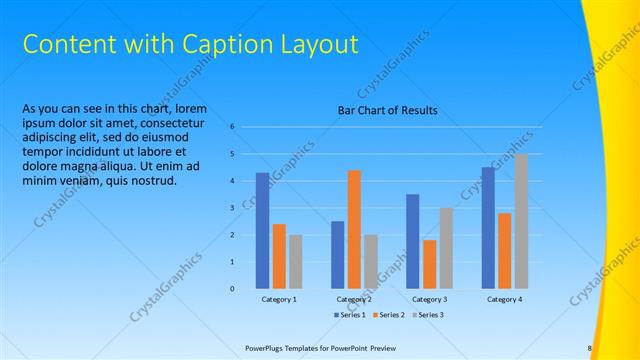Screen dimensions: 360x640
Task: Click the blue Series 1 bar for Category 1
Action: (262, 231)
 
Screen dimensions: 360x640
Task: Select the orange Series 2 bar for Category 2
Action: (354, 229)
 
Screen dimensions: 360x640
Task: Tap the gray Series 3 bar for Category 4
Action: (521, 221)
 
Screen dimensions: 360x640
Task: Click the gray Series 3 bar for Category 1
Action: (295, 262)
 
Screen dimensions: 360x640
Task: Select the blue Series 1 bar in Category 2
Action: (338, 255)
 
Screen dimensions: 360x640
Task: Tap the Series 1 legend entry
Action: (349, 315)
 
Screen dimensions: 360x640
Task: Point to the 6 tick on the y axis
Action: (231, 127)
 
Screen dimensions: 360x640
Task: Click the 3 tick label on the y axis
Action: (231, 208)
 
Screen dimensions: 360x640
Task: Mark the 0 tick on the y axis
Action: (231, 289)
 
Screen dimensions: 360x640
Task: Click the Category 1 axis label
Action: (279, 299)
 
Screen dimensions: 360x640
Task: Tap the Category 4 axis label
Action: (505, 299)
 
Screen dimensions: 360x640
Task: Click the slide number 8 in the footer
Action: (589, 348)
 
